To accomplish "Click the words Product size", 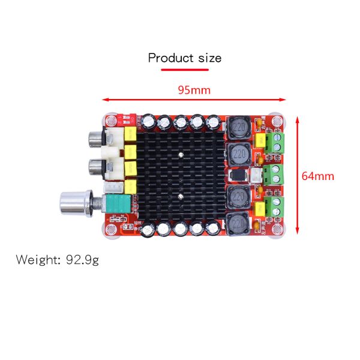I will pyautogui.click(x=185, y=58).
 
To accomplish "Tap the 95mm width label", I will pyautogui.click(x=194, y=90).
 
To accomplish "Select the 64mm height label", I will pyautogui.click(x=317, y=176).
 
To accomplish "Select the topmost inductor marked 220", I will pyautogui.click(x=239, y=128).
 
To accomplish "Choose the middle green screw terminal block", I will pyautogui.click(x=277, y=175).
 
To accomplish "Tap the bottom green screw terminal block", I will pyautogui.click(x=277, y=209).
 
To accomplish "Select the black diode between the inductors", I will pyautogui.click(x=238, y=176).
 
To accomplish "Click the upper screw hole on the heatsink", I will pyautogui.click(x=181, y=154).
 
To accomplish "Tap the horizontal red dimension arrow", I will pyautogui.click(x=194, y=100).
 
